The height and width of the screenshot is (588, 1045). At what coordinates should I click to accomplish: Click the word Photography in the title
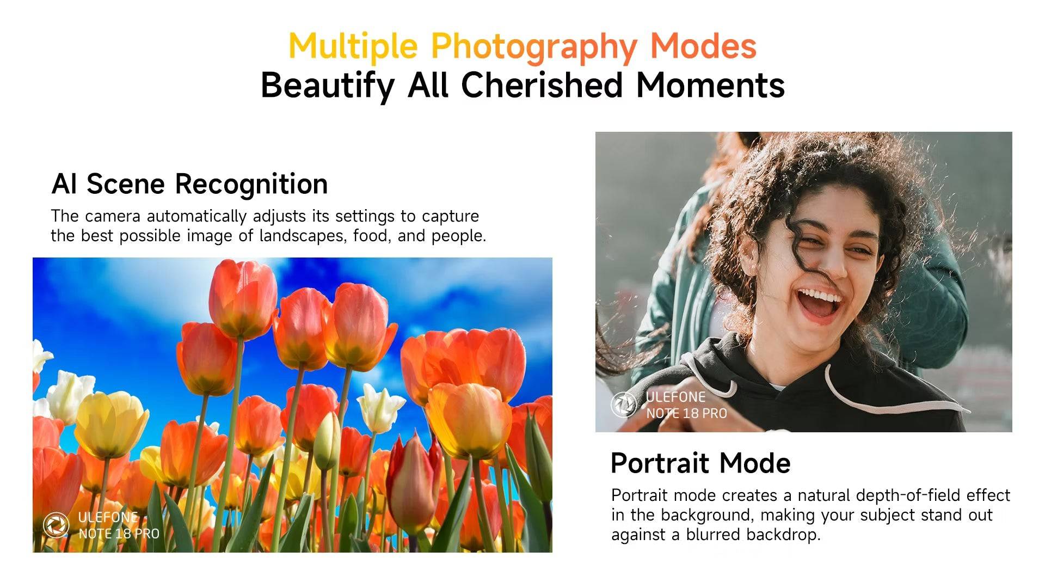(533, 47)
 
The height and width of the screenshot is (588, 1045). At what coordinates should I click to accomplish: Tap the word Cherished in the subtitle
(542, 85)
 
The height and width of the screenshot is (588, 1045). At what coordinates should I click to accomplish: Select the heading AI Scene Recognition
(189, 183)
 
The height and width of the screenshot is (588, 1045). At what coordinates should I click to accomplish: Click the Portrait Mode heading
(700, 463)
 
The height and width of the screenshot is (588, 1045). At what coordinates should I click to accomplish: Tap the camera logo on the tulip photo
(56, 525)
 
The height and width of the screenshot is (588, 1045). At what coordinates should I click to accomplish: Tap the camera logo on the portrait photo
(624, 405)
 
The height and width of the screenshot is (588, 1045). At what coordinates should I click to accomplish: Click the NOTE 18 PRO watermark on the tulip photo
(119, 534)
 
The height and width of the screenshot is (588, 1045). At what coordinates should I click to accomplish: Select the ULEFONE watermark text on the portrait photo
(675, 397)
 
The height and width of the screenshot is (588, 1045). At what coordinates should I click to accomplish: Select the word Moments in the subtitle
(710, 85)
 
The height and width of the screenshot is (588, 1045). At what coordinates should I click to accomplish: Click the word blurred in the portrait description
(714, 535)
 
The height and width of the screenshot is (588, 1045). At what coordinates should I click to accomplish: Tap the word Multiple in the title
(353, 47)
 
